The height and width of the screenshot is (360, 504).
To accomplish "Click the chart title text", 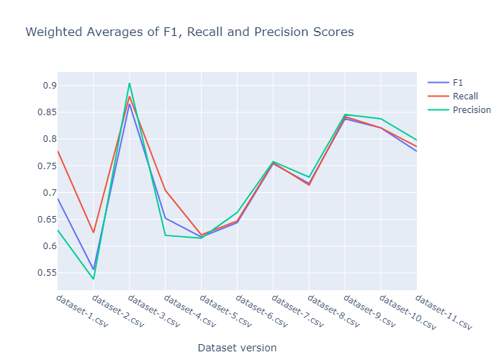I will [189, 32].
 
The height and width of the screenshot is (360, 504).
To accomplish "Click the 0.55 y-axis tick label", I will [40, 273].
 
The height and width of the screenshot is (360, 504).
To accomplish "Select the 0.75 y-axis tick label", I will [40, 166].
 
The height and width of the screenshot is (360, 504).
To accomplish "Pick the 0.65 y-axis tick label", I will [40, 220].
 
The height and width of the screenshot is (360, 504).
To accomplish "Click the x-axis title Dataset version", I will [237, 347].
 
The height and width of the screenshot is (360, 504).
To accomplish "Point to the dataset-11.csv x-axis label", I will [444, 312].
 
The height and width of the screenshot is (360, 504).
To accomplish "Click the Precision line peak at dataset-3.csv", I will [130, 84].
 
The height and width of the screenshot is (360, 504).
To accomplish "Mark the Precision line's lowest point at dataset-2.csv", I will [94, 279].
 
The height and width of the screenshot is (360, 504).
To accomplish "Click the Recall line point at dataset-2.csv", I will [94, 232].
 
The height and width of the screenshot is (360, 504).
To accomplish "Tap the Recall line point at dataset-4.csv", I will [166, 190].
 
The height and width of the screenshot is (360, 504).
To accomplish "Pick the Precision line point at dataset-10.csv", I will [381, 119].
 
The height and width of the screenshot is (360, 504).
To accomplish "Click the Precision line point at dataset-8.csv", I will [309, 177].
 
